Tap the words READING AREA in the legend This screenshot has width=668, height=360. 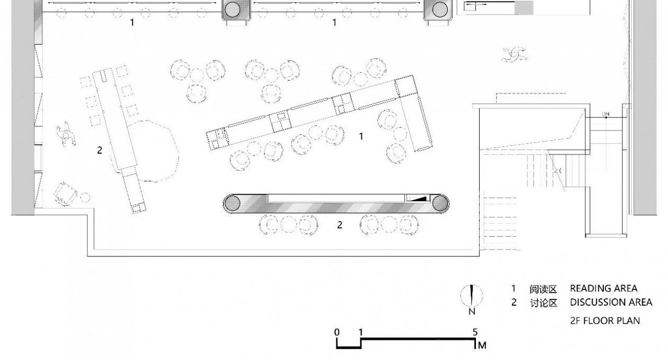pyautogui.click(x=603, y=288)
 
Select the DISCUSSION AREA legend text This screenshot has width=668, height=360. pyautogui.click(x=611, y=302)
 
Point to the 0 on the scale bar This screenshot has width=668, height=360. pyautogui.click(x=337, y=332)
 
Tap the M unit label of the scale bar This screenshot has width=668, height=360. pyautogui.click(x=482, y=346)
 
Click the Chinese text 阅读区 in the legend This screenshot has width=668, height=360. pyautogui.click(x=543, y=289)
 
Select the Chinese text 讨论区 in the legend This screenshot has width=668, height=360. pyautogui.click(x=543, y=303)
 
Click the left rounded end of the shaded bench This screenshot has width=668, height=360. pyautogui.click(x=232, y=203)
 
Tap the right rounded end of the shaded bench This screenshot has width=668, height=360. pyautogui.click(x=439, y=203)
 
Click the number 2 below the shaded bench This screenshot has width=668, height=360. pyautogui.click(x=340, y=225)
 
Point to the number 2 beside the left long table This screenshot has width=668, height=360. pyautogui.click(x=99, y=150)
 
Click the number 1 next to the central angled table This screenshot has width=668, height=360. pyautogui.click(x=361, y=136)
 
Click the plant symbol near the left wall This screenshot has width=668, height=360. pyautogui.click(x=66, y=133)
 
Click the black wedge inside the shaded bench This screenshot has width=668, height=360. pyautogui.click(x=419, y=198)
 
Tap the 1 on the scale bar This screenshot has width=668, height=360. pyautogui.click(x=361, y=332)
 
